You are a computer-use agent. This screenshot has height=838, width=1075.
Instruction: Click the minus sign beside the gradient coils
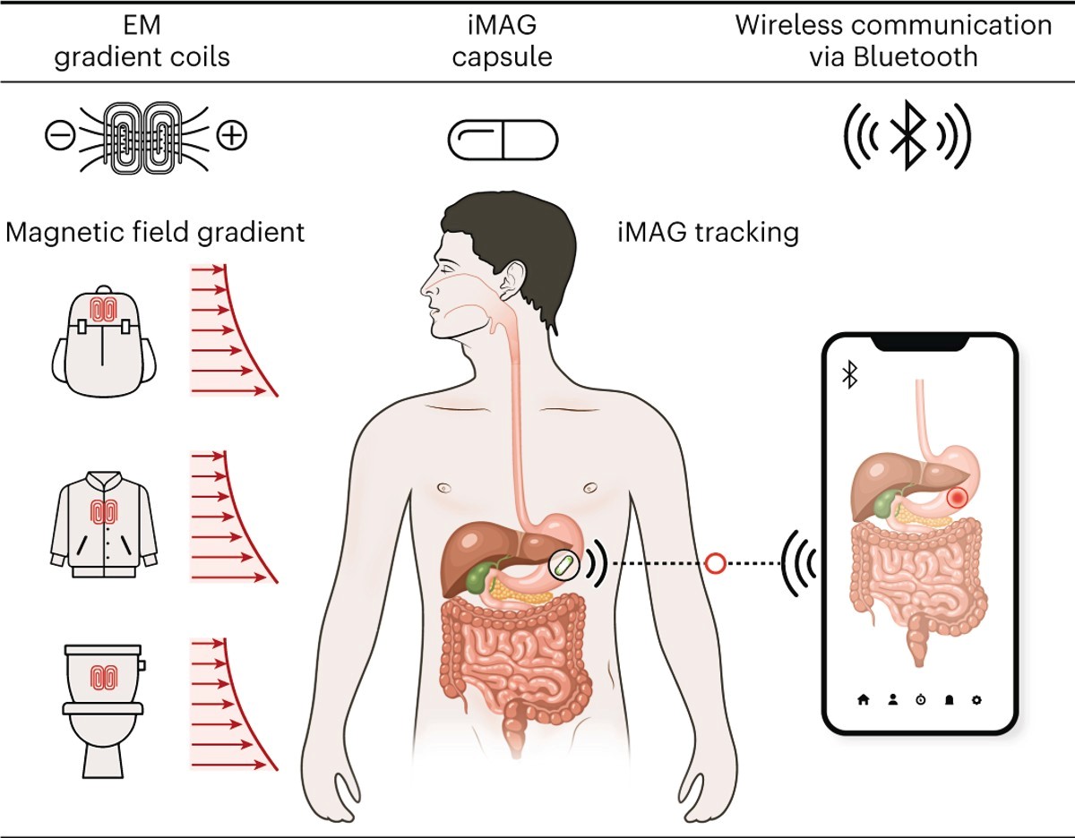tap(60, 135)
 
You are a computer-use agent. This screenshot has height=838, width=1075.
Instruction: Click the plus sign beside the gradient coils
tap(232, 135)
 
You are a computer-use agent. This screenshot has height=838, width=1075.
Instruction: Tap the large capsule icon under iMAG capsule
tap(503, 140)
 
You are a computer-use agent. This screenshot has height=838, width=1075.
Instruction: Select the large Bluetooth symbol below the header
tap(907, 135)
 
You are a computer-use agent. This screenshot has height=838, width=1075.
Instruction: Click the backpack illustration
tap(103, 342)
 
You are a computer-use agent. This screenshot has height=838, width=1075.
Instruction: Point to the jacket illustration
tap(104, 524)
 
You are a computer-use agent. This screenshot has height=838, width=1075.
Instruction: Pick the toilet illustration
tap(104, 712)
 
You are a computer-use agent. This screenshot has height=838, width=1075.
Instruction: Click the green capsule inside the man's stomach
tap(563, 564)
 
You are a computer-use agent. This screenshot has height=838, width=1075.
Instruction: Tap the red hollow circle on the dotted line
tap(715, 563)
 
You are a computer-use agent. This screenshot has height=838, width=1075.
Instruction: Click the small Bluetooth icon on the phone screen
tap(850, 374)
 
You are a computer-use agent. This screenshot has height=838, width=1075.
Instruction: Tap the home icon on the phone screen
tap(864, 699)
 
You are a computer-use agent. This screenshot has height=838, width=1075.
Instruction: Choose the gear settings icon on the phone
tap(976, 699)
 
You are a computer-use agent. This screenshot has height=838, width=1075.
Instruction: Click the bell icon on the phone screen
tap(949, 699)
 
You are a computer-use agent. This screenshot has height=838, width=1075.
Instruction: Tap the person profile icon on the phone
tap(892, 699)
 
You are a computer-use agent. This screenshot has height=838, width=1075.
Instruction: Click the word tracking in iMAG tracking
tap(747, 233)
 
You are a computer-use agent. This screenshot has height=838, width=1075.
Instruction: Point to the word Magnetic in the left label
tap(65, 233)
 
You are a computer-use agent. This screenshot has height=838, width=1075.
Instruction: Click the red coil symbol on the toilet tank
tap(104, 677)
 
